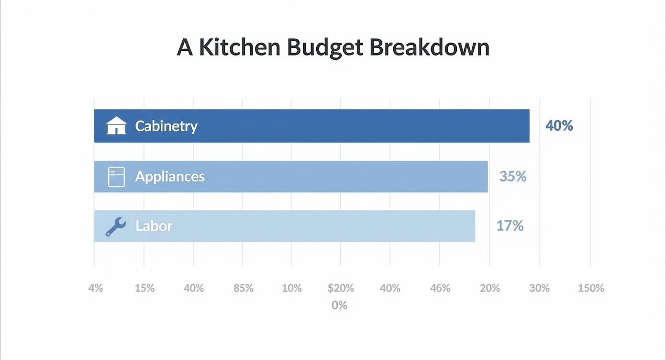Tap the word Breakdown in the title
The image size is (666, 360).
click(429, 47)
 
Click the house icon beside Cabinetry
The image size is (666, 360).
click(116, 126)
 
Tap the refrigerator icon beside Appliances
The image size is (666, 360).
click(116, 177)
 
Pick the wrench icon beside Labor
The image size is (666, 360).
click(115, 226)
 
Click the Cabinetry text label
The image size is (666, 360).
click(166, 126)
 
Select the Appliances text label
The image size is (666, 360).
click(170, 177)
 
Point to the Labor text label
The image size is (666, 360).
click(154, 226)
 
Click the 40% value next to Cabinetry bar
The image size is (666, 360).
click(559, 126)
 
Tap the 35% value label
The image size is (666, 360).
click(513, 177)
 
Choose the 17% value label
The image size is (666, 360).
click(510, 225)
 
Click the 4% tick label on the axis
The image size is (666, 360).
click(96, 288)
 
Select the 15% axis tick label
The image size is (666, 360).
click(144, 288)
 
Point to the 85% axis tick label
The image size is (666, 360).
click(243, 288)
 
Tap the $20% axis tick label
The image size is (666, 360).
click(341, 288)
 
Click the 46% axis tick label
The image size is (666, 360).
click(440, 288)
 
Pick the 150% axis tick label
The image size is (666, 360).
click(591, 288)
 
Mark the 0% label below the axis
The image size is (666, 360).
click(339, 305)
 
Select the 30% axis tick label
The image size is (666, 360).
click(539, 288)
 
